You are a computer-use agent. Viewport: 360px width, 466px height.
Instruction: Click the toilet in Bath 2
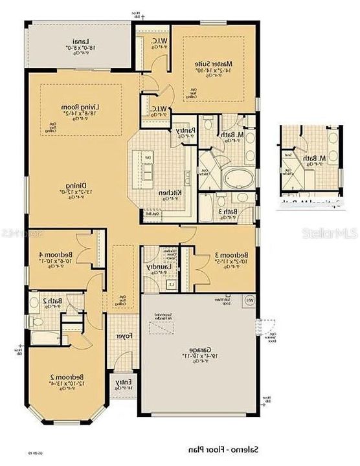37,320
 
